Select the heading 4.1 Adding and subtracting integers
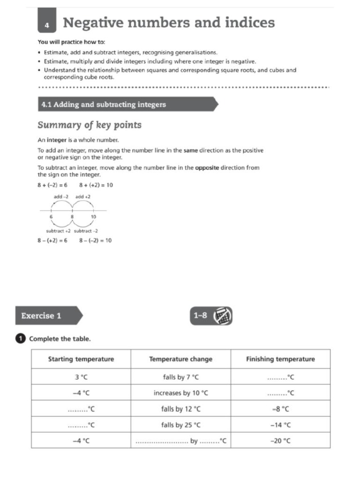[x=104, y=105]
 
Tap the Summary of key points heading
[x=89, y=125]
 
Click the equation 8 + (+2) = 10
[x=96, y=185]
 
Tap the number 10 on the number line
[x=94, y=217]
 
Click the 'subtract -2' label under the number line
[x=86, y=231]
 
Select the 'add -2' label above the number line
[x=62, y=196]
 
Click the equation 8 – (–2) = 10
[x=95, y=240]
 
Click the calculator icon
[x=223, y=316]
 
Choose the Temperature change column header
[x=180, y=359]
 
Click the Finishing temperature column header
[x=280, y=359]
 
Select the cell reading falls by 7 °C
[x=180, y=377]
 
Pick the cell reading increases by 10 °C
[x=180, y=393]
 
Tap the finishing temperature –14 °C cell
[x=280, y=425]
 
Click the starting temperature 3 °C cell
[x=81, y=377]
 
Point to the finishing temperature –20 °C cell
[x=280, y=441]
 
